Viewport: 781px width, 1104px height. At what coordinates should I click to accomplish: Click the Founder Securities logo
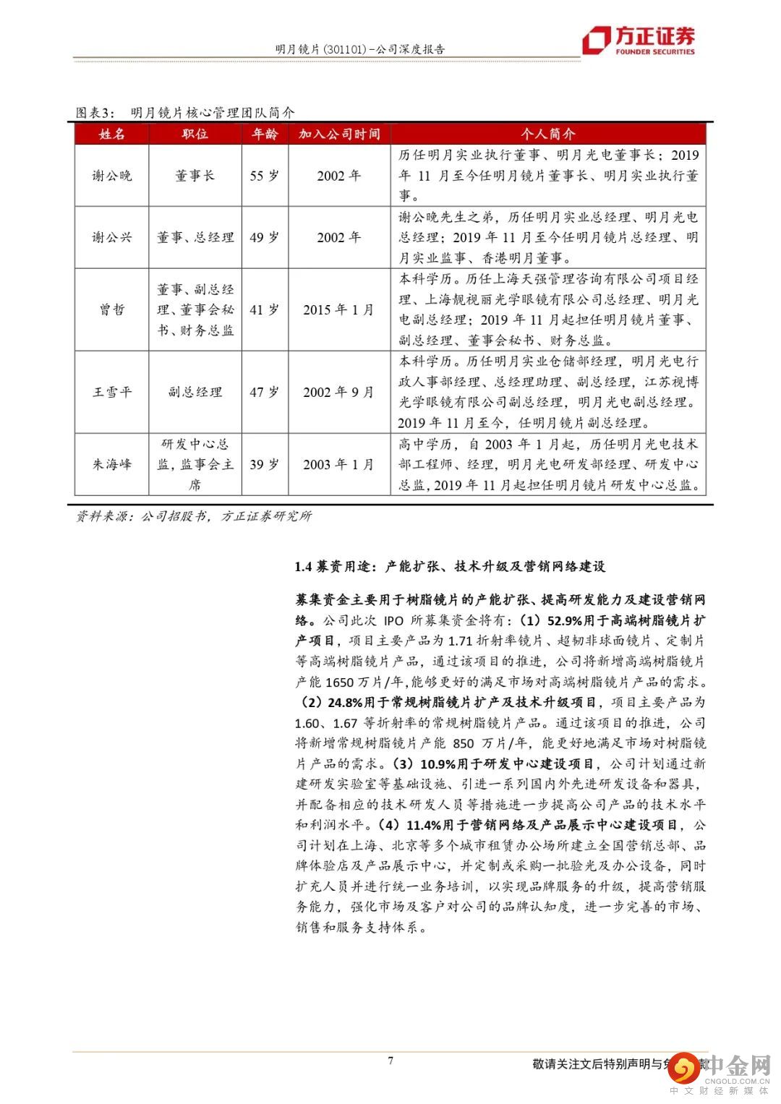(x=639, y=41)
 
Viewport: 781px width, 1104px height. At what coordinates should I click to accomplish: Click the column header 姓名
(x=112, y=134)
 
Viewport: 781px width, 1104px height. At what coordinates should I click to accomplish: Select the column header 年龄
(x=264, y=134)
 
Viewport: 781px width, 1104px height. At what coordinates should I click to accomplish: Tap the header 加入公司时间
(x=339, y=134)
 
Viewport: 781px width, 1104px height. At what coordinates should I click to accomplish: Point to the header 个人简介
(x=548, y=134)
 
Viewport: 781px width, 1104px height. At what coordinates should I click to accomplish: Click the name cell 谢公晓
(x=112, y=176)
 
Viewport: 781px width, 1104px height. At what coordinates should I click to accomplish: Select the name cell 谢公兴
(x=112, y=237)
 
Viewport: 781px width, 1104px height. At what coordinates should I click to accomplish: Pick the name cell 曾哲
(x=112, y=309)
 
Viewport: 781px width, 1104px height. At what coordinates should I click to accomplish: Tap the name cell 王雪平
(x=112, y=392)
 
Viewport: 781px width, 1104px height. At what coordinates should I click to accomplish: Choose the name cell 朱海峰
(x=112, y=464)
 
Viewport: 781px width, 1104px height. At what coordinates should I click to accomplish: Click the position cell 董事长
(x=195, y=176)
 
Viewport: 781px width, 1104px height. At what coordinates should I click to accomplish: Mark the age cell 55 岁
(x=264, y=176)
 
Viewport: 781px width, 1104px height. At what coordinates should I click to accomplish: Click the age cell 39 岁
(x=264, y=464)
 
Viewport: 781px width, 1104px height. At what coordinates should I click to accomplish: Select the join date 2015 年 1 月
(x=338, y=309)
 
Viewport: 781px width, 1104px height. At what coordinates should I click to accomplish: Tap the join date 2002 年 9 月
(x=338, y=392)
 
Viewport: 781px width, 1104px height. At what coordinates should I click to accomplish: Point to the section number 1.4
(x=303, y=567)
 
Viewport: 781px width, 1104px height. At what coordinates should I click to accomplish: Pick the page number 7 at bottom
(x=390, y=1061)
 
